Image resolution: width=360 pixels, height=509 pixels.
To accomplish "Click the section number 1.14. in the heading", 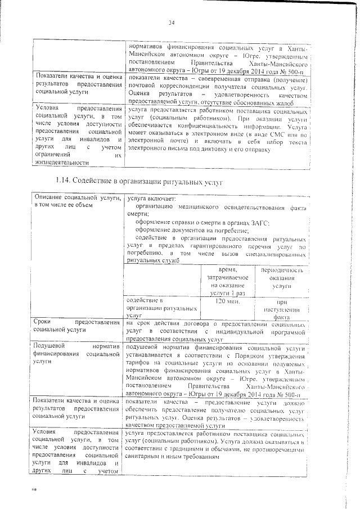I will [x=66, y=182].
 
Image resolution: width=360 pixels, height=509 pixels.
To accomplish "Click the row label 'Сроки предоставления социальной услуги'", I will [x=77, y=327].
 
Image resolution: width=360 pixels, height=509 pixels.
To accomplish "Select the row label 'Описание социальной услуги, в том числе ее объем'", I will [x=77, y=202].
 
